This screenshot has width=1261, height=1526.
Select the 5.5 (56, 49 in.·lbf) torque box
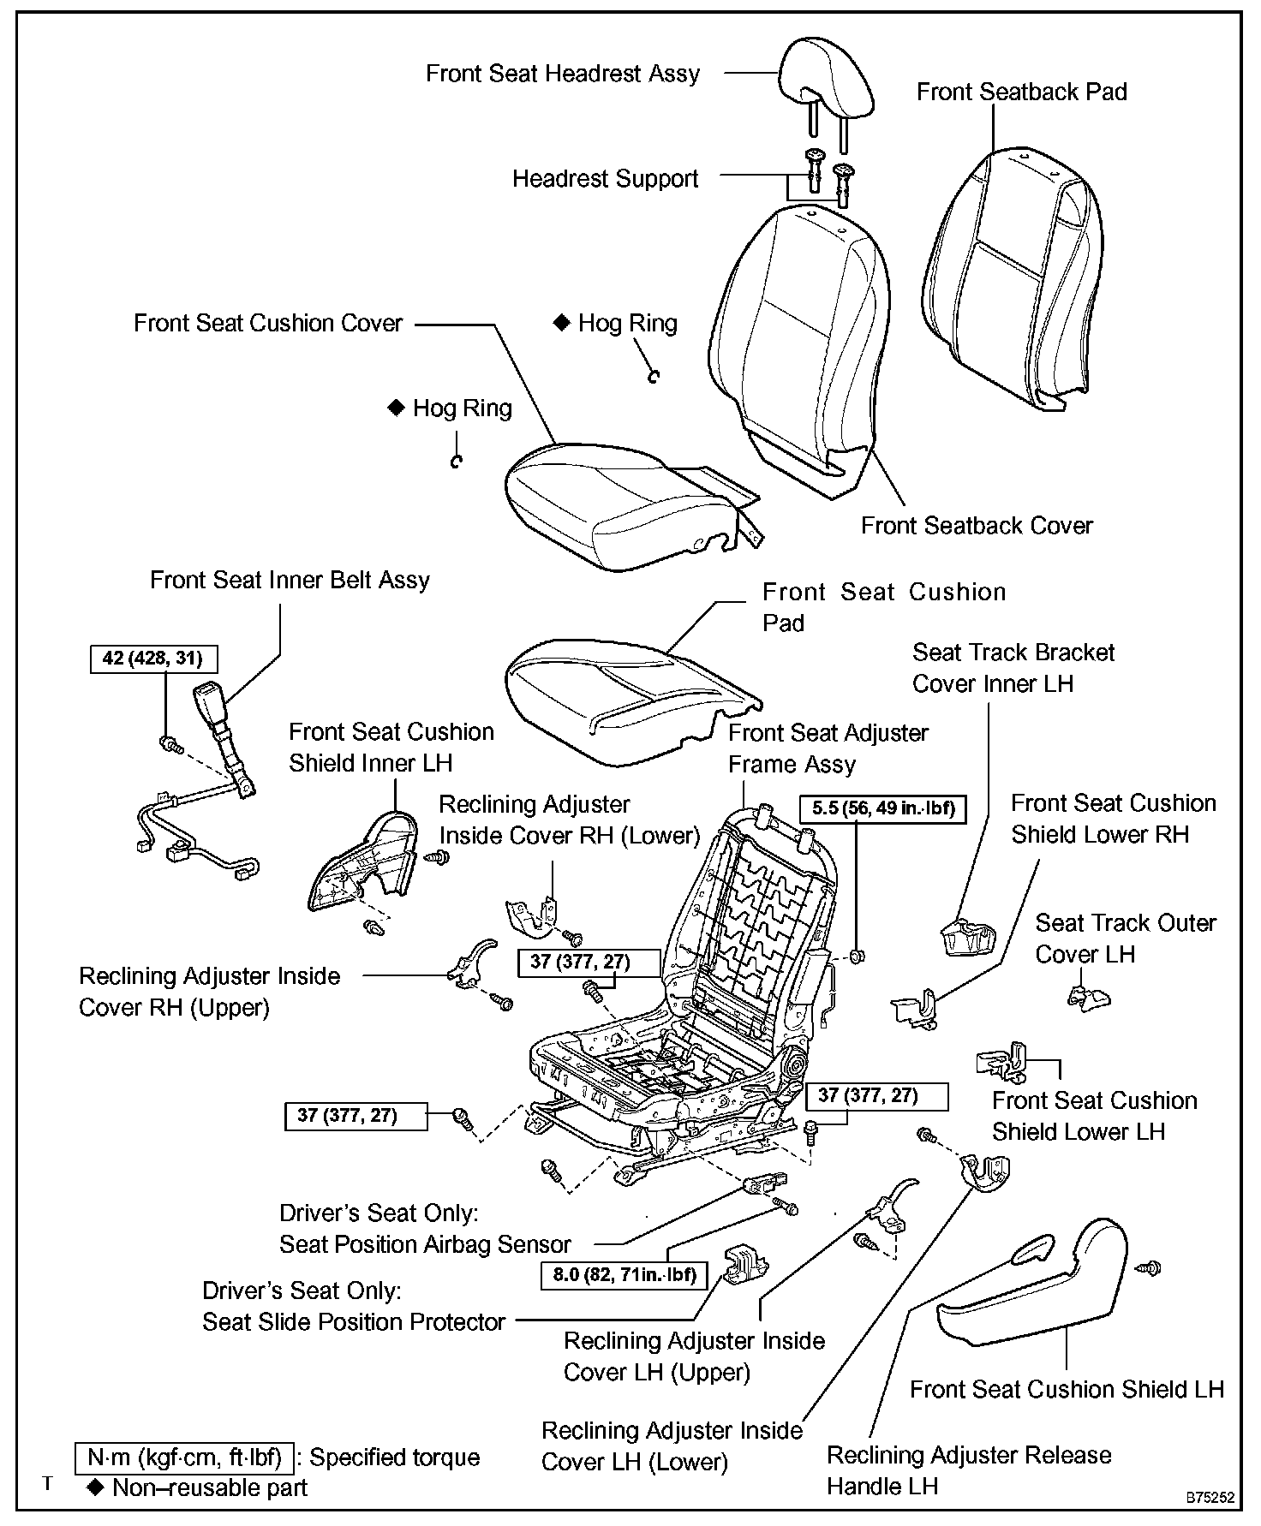(882, 808)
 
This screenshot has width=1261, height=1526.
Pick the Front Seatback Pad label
(1021, 92)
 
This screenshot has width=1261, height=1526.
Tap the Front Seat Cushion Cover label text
(268, 324)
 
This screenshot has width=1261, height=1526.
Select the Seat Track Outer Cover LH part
(1088, 996)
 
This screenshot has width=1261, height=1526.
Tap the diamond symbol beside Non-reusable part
(95, 1487)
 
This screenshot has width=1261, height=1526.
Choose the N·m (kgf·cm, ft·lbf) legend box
(185, 1457)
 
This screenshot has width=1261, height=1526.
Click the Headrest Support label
(606, 179)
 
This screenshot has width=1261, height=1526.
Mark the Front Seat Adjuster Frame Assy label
(828, 748)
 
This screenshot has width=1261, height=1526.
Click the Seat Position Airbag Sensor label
(425, 1244)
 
